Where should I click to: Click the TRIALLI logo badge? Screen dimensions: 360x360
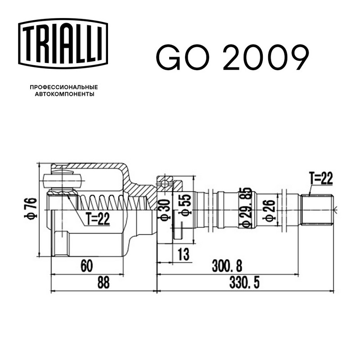click(63, 44)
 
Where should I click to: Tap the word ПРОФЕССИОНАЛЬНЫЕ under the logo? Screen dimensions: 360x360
click(64, 87)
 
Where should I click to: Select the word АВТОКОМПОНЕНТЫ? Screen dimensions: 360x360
click(64, 94)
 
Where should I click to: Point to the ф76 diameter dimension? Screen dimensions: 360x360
click(31, 209)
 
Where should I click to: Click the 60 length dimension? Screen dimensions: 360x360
click(87, 266)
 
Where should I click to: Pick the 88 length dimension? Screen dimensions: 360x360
click(103, 283)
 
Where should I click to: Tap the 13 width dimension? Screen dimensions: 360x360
click(184, 254)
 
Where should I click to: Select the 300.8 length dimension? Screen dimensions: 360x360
click(227, 266)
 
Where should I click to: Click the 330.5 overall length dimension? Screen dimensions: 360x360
click(244, 283)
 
